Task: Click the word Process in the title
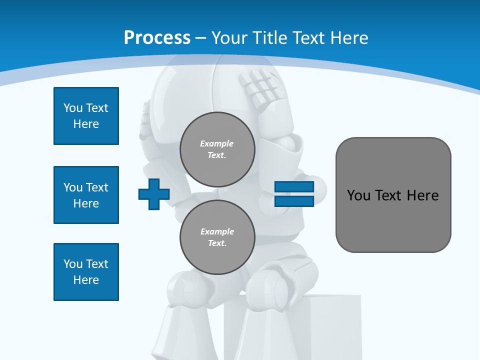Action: point(157,37)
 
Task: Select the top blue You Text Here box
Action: point(86,116)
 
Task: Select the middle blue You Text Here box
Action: point(86,195)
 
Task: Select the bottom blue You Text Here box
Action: point(86,272)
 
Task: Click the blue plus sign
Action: point(154,194)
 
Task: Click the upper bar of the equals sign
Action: point(294,187)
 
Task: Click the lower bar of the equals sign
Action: point(294,201)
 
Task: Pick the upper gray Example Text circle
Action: point(217,149)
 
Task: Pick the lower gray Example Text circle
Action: point(217,237)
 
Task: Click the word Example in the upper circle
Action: point(217,143)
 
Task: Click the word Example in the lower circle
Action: point(217,231)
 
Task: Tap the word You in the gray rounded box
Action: point(358,195)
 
